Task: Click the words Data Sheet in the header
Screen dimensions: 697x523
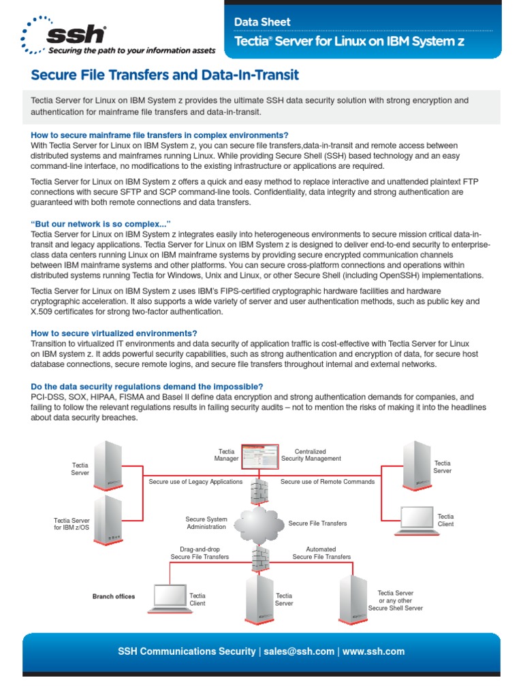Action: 262,22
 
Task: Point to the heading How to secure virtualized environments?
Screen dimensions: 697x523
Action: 114,333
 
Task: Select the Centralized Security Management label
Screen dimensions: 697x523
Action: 311,455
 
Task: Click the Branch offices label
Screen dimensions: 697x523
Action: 114,596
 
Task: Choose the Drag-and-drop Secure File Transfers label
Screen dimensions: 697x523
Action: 200,552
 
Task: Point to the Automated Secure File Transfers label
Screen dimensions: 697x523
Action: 321,552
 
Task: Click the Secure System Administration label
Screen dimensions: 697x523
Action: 206,523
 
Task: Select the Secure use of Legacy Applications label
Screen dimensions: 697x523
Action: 195,481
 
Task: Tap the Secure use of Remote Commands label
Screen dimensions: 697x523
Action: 328,481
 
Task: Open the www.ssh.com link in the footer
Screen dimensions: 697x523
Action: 373,651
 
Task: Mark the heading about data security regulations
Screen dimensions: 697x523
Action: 147,386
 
